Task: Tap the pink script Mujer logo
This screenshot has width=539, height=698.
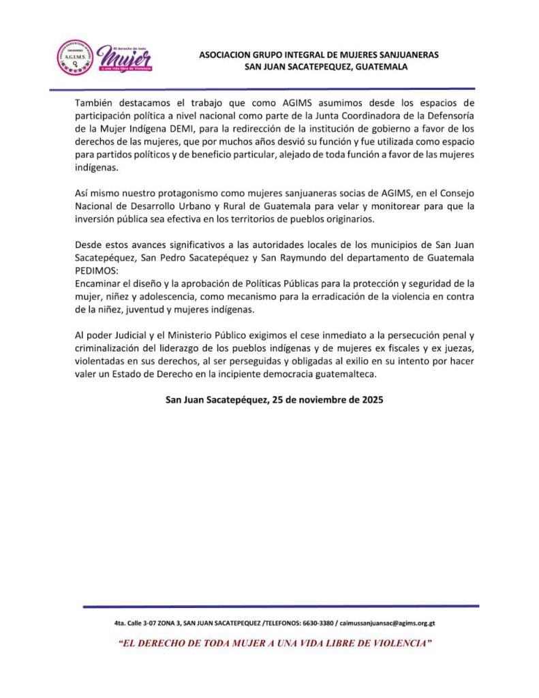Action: pyautogui.click(x=125, y=58)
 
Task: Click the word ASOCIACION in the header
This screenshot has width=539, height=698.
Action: pyautogui.click(x=226, y=55)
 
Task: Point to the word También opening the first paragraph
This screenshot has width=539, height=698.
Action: pyautogui.click(x=95, y=103)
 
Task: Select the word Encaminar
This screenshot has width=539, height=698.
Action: pyautogui.click(x=98, y=283)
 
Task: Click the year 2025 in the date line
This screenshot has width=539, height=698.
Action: pyautogui.click(x=372, y=400)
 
